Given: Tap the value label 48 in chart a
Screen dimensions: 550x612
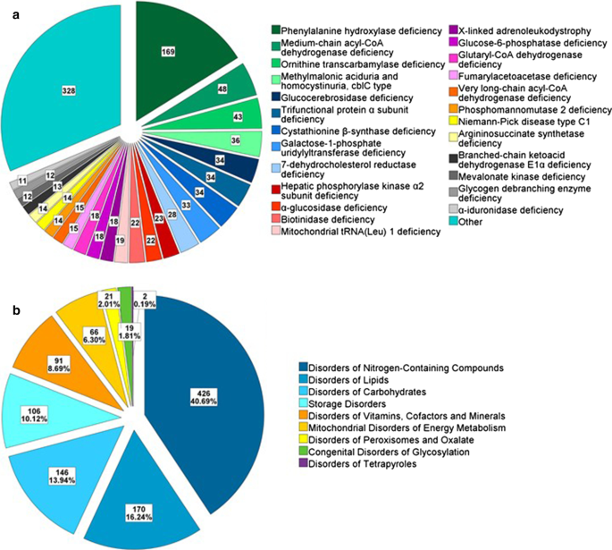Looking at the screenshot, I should pyautogui.click(x=222, y=89).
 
